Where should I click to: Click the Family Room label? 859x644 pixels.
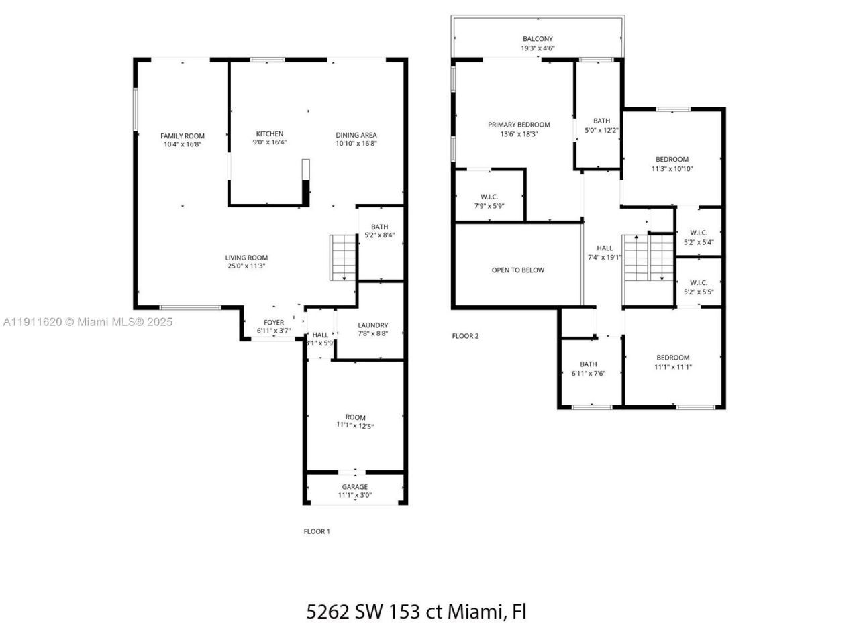[183, 136]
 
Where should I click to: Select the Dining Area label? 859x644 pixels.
[356, 135]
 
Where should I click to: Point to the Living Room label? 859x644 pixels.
[246, 258]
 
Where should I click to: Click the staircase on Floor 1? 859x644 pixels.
[343, 258]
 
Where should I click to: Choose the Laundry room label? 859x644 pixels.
[372, 325]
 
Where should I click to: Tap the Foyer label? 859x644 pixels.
[274, 323]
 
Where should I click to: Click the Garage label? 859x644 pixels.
[354, 487]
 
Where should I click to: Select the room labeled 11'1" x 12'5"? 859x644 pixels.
[355, 421]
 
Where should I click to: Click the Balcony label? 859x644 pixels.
[538, 39]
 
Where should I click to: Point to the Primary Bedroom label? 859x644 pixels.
[519, 125]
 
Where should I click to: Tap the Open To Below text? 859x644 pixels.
[518, 270]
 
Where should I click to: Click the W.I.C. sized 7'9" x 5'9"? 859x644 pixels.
[489, 201]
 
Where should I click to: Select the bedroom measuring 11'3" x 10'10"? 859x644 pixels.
[672, 164]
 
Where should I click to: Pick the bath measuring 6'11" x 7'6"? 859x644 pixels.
[589, 369]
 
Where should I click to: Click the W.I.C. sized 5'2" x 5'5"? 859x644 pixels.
[699, 287]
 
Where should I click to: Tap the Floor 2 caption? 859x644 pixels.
[466, 336]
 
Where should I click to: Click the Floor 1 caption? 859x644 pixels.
[317, 531]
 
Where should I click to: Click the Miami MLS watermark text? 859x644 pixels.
[87, 322]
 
